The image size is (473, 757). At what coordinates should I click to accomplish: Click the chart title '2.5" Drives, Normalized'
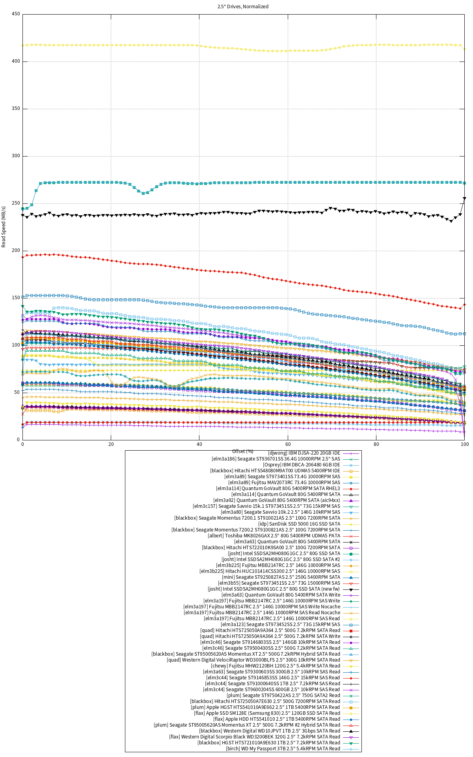pos(243,7)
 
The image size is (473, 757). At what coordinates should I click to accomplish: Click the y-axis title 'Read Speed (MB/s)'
pos(4,227)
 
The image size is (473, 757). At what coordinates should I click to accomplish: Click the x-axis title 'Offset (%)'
pos(243,451)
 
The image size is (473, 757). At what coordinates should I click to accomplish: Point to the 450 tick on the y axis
pos(16,14)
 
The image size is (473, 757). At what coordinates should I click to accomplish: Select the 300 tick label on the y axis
pos(16,156)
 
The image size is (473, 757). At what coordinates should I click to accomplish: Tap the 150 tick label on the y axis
pos(16,298)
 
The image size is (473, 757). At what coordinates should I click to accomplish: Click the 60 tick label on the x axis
pos(288,444)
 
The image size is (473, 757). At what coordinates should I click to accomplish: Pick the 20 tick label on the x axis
pos(111,444)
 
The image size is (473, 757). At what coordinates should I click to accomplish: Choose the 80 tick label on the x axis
pos(376,444)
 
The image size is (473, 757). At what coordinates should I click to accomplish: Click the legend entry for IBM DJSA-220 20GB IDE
pos(304,453)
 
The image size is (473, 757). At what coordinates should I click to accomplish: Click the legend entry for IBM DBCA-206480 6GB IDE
pos(302,465)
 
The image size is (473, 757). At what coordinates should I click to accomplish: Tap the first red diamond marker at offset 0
pos(23,257)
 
